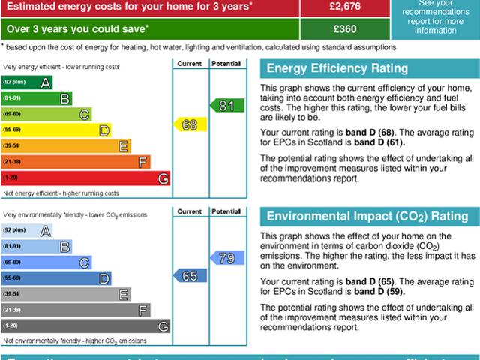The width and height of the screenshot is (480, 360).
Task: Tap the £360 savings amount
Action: click(345, 29)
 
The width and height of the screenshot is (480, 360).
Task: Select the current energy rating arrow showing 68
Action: click(190, 125)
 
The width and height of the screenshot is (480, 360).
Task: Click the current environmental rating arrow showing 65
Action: click(190, 276)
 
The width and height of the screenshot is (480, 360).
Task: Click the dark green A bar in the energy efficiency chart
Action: click(27, 82)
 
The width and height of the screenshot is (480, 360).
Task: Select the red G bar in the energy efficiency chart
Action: click(85, 178)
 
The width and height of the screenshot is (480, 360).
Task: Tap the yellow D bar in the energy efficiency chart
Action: click(56, 130)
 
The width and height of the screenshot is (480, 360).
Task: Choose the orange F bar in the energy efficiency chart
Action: click(76, 162)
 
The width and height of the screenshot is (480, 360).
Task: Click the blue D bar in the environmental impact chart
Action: click(56, 278)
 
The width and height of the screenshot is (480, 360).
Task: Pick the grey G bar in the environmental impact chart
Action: click(85, 326)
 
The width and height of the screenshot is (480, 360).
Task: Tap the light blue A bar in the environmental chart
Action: click(27, 230)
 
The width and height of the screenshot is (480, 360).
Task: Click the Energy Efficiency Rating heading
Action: click(338, 69)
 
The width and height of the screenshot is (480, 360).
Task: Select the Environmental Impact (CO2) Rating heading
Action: click(367, 217)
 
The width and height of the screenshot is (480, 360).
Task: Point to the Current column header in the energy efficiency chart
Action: click(190, 64)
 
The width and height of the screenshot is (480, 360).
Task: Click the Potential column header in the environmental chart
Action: click(226, 212)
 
